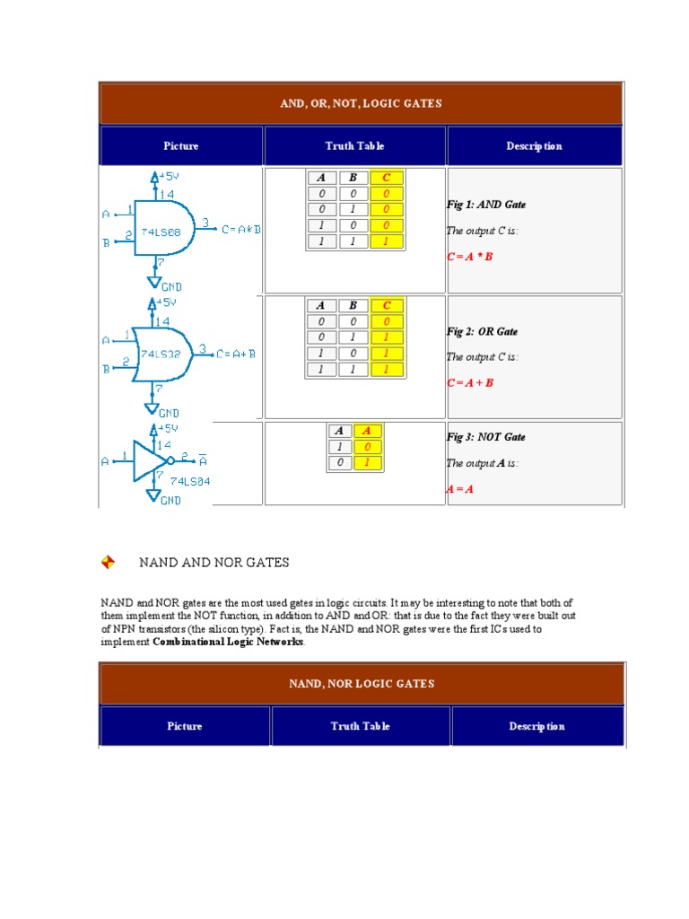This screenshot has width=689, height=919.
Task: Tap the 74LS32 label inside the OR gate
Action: (x=161, y=354)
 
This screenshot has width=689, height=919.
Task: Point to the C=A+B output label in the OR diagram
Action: (x=236, y=354)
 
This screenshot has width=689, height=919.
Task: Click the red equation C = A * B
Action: (x=470, y=257)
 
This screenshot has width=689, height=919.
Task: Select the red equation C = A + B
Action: (x=470, y=382)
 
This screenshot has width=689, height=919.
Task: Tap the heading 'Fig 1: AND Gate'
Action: (x=486, y=205)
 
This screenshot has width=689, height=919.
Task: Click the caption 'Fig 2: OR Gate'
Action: (x=482, y=331)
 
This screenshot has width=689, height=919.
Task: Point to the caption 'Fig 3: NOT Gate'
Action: (x=486, y=437)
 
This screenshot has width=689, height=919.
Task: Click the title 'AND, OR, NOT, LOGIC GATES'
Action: (x=361, y=103)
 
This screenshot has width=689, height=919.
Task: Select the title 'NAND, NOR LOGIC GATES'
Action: (x=362, y=684)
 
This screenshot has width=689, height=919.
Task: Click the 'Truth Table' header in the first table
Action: (x=354, y=146)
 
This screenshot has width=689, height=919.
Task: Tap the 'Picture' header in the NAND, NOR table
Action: (x=185, y=726)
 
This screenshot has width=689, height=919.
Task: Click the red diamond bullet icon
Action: (x=108, y=563)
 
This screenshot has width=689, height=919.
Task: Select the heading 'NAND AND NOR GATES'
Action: (x=214, y=563)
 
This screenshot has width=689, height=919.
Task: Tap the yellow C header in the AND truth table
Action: (x=387, y=178)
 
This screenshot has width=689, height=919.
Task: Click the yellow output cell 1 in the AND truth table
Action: (x=387, y=242)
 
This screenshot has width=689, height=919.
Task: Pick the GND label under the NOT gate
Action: (x=170, y=501)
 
